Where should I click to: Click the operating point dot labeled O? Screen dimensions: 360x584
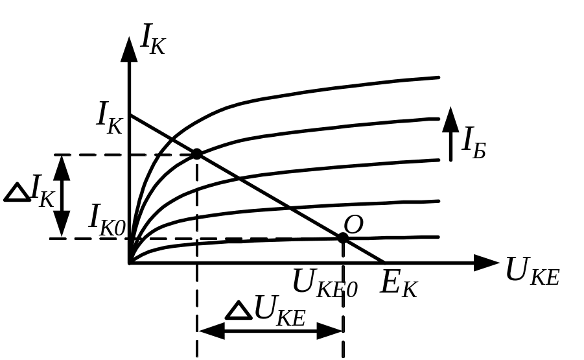(x=343, y=238)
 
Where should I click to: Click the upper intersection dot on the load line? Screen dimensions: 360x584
(x=197, y=154)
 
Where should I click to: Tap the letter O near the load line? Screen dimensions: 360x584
(x=353, y=225)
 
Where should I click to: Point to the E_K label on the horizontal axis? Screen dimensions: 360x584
(x=398, y=284)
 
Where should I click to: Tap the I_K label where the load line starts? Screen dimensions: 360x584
(x=110, y=117)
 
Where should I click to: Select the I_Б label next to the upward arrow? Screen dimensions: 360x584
(x=473, y=144)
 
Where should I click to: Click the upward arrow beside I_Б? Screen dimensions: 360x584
(x=450, y=134)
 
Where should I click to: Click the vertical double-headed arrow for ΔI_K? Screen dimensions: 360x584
(x=62, y=196)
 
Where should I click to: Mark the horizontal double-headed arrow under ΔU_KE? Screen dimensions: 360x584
(x=270, y=331)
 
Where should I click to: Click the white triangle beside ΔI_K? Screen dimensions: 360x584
(x=17, y=193)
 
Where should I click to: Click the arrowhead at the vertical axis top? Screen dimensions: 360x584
(x=130, y=49)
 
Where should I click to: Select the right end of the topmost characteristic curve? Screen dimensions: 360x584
(x=439, y=78)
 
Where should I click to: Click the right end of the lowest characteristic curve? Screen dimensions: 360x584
(x=439, y=237)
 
